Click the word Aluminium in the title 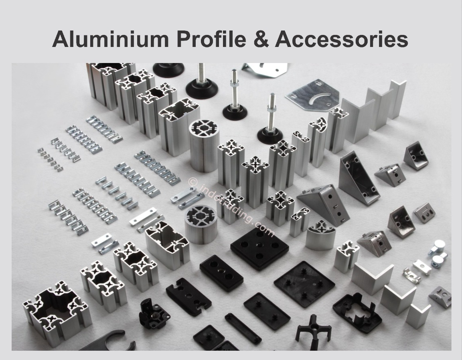[110, 39]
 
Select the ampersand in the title [260, 39]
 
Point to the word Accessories [341, 39]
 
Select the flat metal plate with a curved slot [312, 95]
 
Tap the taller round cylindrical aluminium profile [204, 146]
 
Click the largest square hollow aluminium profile [57, 309]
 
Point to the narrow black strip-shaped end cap [243, 328]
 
